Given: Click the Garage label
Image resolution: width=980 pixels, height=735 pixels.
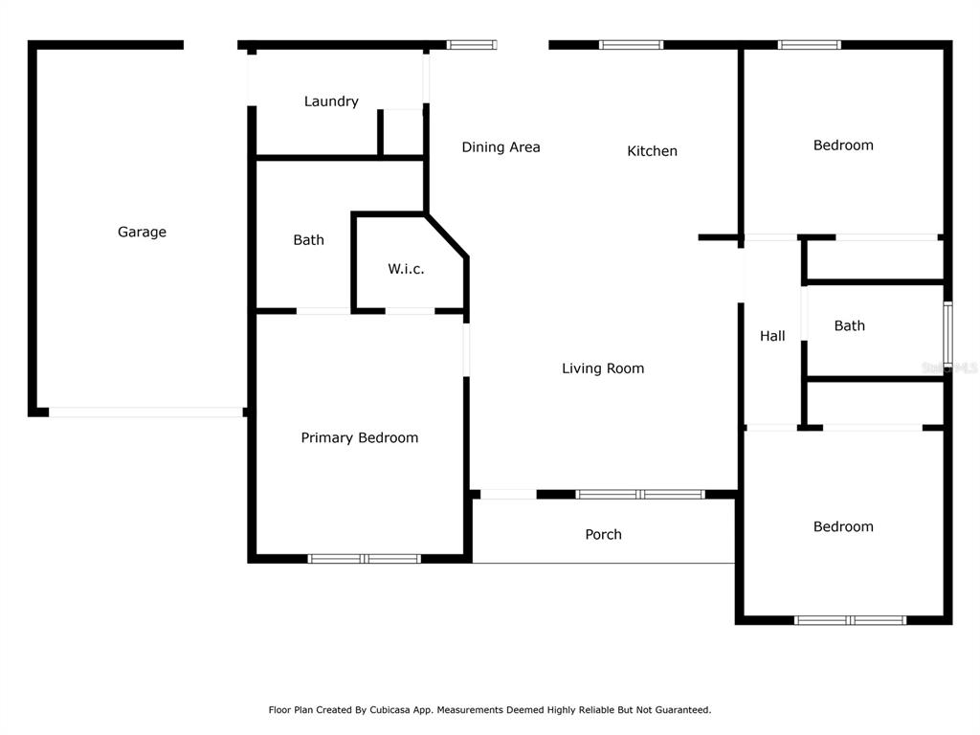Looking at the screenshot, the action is (x=142, y=232).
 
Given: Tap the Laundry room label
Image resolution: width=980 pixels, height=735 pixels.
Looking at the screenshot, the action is (x=331, y=101).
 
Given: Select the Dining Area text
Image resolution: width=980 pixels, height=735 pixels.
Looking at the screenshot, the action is (x=501, y=146).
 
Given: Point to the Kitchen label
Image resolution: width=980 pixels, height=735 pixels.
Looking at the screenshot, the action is (x=652, y=150).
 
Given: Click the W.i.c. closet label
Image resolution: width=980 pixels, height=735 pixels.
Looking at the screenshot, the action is (x=406, y=269).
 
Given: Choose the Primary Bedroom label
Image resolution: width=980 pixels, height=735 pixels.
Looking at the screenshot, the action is (x=360, y=437).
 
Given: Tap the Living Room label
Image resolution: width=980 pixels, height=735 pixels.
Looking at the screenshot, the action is (x=603, y=368).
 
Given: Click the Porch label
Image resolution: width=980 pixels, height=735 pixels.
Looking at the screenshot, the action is (x=603, y=534).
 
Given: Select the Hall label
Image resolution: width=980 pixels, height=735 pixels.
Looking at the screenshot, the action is (x=772, y=336).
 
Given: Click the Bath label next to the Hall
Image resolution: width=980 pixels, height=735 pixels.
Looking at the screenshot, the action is (x=850, y=325).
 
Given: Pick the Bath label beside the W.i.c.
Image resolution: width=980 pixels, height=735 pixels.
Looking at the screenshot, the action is (x=309, y=240).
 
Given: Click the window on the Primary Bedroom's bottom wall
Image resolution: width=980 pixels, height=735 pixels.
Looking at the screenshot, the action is (x=365, y=559).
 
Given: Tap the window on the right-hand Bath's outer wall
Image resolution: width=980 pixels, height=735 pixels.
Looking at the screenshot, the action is (x=947, y=334).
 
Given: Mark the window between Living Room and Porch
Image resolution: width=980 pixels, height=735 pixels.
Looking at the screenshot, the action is (x=640, y=495).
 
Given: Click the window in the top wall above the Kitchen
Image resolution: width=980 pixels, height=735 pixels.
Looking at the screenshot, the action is (x=631, y=44).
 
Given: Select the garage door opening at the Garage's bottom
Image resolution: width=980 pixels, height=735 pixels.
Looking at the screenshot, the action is (x=145, y=412).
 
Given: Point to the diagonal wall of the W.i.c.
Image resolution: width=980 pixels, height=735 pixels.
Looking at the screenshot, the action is (x=446, y=235).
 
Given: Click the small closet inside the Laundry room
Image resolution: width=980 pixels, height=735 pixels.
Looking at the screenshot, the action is (x=403, y=133).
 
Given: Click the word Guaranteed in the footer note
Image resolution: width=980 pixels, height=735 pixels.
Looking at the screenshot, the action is (x=685, y=710).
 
